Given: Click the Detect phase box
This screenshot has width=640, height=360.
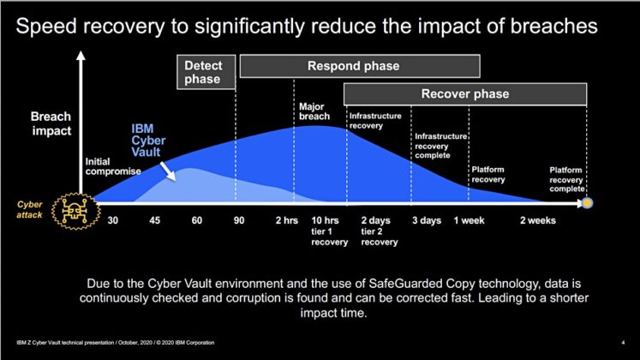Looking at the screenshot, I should pos(210,72).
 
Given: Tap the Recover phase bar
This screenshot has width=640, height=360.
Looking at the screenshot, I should pos(464,93).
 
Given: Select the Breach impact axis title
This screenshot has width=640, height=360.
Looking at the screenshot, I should pos(51,125).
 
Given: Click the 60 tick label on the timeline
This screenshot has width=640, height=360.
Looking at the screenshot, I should pos(196,220).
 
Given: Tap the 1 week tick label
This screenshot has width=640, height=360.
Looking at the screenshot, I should pos(470,220).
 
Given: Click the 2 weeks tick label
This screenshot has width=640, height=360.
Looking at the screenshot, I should pos(538,220).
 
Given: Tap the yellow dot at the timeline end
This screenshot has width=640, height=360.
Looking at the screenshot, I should pos(588,204).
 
